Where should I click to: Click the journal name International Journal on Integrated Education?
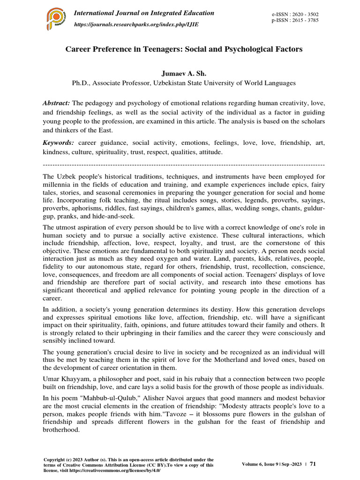(144, 13)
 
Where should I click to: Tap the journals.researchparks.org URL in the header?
(136, 24)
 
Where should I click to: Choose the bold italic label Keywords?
(59, 142)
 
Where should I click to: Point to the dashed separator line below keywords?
(183, 165)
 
